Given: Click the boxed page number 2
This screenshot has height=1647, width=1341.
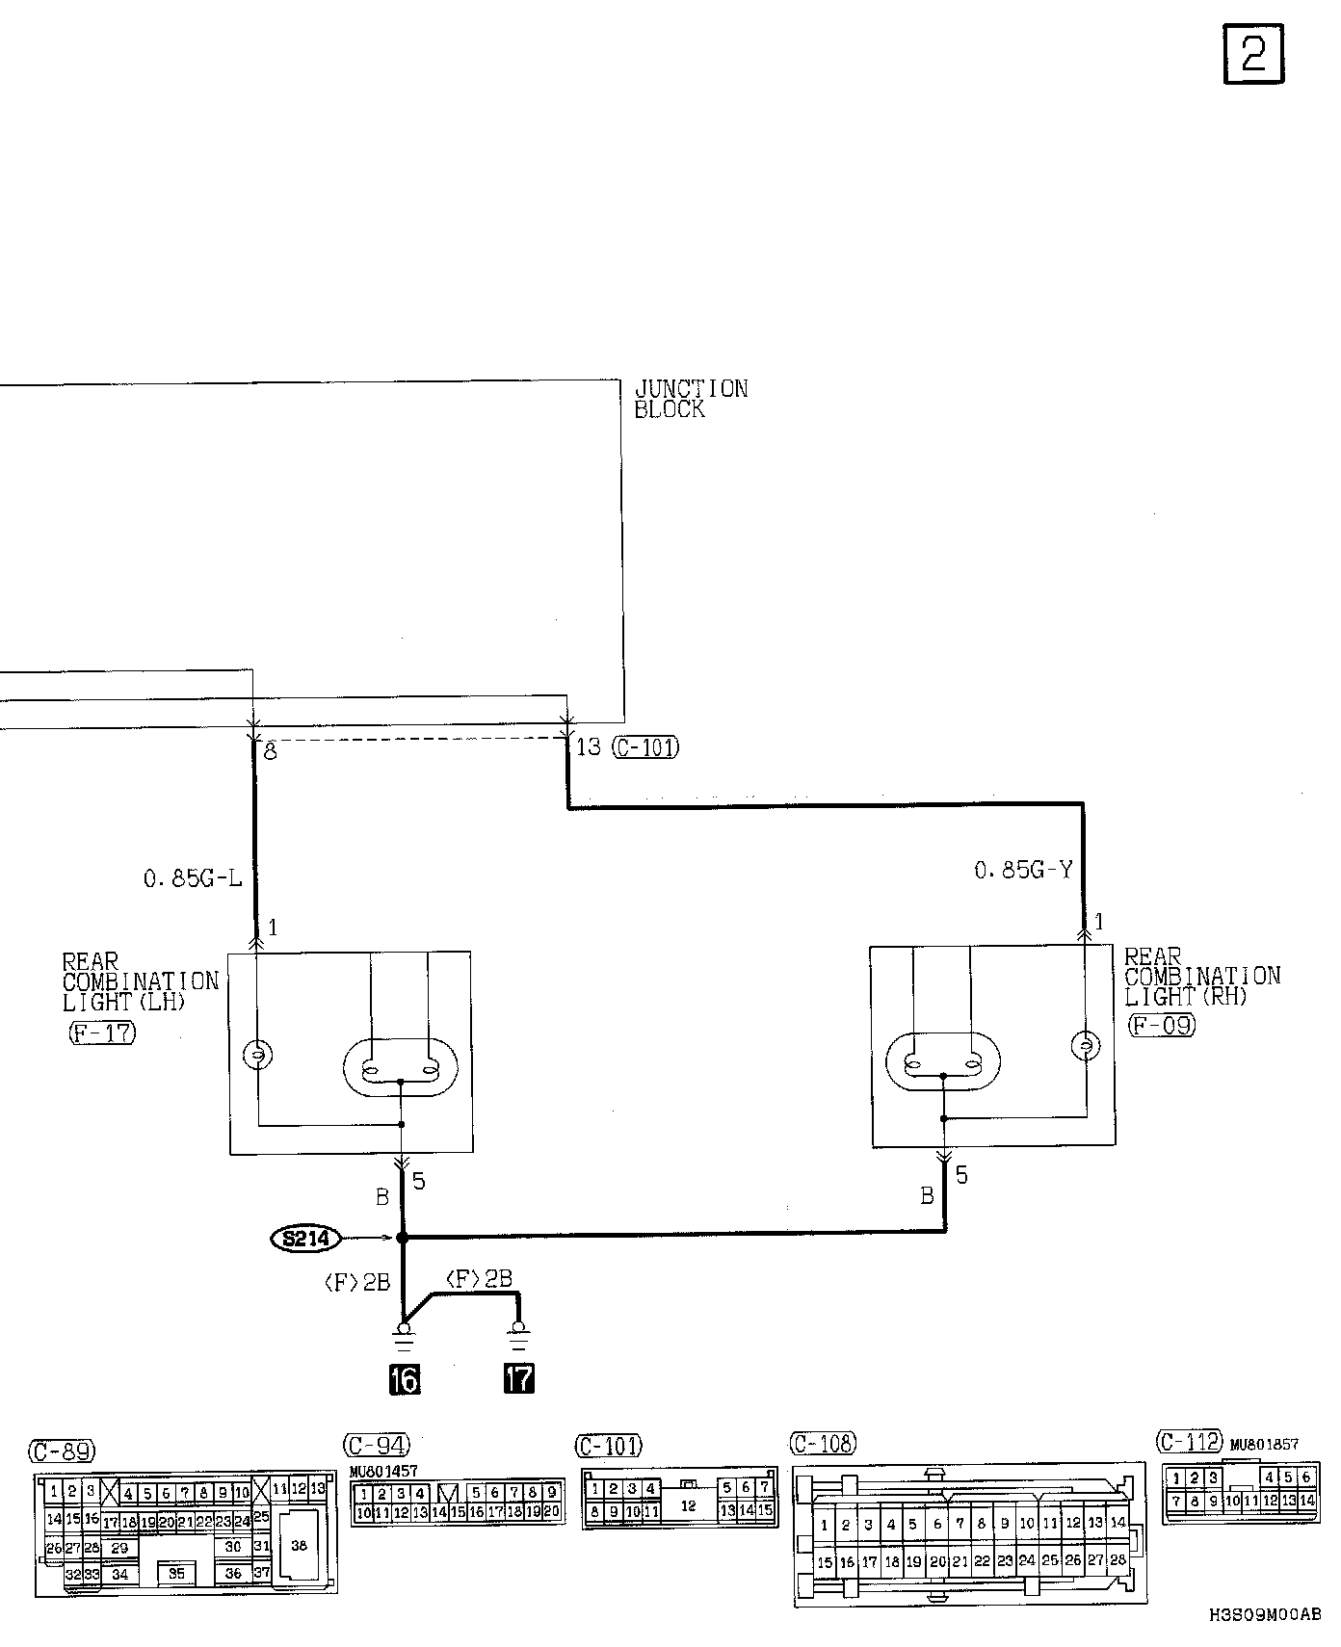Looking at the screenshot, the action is pyautogui.click(x=1253, y=55).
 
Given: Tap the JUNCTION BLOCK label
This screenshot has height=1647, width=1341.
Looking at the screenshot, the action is pyautogui.click(x=690, y=399).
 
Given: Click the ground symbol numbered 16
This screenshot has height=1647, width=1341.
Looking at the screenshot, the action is pyautogui.click(x=404, y=1379).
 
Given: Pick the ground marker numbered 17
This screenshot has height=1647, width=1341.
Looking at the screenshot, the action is pyautogui.click(x=518, y=1379).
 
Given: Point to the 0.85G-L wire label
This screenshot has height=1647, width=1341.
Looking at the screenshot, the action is pyautogui.click(x=193, y=878).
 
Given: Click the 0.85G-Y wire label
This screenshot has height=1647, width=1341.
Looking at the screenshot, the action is pyautogui.click(x=1023, y=871).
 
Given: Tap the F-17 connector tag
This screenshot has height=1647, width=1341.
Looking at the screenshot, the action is pyautogui.click(x=102, y=1033).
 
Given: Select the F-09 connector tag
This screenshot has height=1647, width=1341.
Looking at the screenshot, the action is pyautogui.click(x=1161, y=1025).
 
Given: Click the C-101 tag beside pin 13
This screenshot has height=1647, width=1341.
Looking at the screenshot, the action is pyautogui.click(x=645, y=746).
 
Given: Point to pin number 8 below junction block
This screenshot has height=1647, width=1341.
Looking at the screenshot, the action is pyautogui.click(x=271, y=751).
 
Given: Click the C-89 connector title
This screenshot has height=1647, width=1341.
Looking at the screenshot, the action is pyautogui.click(x=63, y=1451).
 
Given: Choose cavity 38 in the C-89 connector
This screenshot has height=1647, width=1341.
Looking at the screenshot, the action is pyautogui.click(x=299, y=1545).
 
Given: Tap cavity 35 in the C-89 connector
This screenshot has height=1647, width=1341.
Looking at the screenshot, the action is pyautogui.click(x=176, y=1573).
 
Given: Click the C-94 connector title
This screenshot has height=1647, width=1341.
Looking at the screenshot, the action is pyautogui.click(x=376, y=1445).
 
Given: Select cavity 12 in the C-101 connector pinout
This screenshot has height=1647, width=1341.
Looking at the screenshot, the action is pyautogui.click(x=688, y=1505).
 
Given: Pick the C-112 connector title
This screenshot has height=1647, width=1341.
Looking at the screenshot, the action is pyautogui.click(x=1189, y=1442).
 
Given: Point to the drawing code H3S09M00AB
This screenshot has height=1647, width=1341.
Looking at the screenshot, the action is pyautogui.click(x=1265, y=1614).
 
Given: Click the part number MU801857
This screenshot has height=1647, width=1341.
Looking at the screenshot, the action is pyautogui.click(x=1264, y=1445).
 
